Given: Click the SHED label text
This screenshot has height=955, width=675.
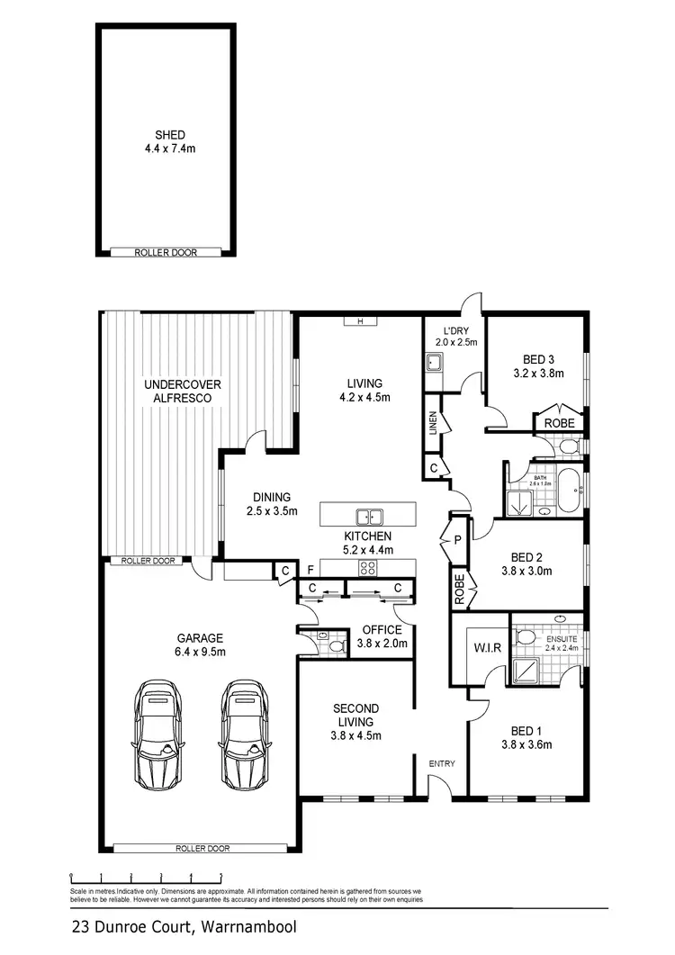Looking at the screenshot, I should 169,135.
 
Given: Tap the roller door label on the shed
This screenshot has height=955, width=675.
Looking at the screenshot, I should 166,253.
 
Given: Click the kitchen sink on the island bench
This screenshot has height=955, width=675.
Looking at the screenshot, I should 368,517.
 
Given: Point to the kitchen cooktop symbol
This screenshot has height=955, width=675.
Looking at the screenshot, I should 368,567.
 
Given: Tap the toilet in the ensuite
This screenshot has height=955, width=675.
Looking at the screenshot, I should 527,638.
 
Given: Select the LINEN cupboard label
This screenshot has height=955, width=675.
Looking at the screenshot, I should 433,421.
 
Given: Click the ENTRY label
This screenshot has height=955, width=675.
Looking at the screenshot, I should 442,764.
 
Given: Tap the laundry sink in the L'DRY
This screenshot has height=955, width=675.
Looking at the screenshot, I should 433,364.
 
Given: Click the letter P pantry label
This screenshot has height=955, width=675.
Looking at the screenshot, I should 457,540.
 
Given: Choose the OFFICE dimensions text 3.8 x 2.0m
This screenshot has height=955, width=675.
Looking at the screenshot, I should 382,644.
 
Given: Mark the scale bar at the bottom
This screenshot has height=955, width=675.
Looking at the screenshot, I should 146,874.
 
